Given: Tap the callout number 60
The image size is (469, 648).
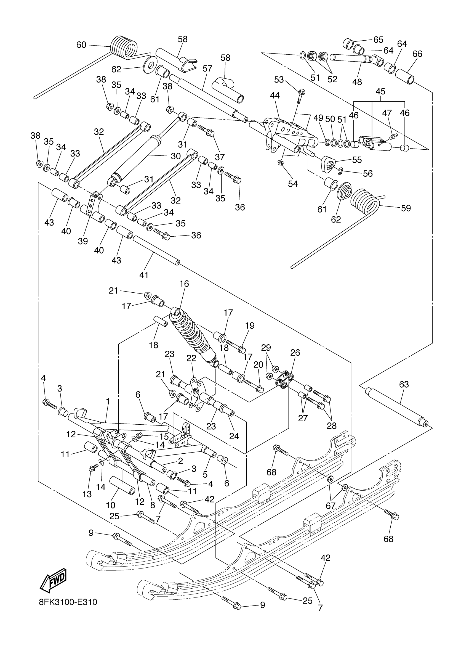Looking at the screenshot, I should pos(81,45).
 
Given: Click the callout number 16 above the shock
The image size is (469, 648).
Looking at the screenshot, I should pos(184,284).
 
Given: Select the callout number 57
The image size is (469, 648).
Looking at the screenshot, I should pos(207,68).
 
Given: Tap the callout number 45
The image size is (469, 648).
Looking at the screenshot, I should pos(380,91).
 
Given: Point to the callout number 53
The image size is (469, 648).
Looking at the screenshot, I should pos(279,80).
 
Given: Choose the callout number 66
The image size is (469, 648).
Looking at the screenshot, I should pos(417,54).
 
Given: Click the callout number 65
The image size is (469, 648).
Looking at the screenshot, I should pos(378,39).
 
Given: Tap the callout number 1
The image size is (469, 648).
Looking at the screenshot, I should pos(108,401).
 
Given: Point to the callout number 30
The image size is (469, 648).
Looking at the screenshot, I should pos(176,156).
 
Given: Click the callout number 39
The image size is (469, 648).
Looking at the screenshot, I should pos(83,241).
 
